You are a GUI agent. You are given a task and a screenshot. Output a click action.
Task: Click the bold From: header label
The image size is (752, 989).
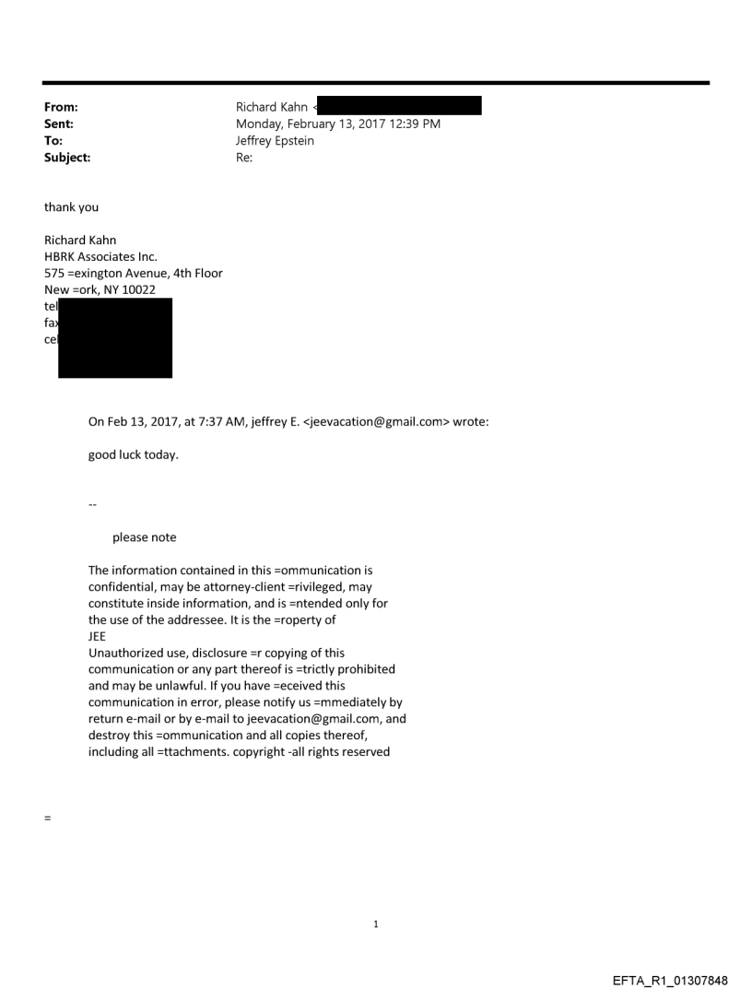click(x=60, y=108)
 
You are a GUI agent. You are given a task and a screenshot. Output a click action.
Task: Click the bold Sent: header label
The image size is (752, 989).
click(x=59, y=124)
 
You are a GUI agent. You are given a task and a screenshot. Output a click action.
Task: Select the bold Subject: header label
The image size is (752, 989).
click(x=67, y=158)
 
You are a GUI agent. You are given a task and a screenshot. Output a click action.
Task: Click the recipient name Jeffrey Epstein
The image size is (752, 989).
click(x=275, y=141)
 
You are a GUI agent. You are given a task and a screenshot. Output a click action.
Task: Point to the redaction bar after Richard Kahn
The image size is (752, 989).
click(x=400, y=107)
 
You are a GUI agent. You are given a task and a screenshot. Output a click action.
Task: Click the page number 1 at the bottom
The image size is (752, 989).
click(x=376, y=924)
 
